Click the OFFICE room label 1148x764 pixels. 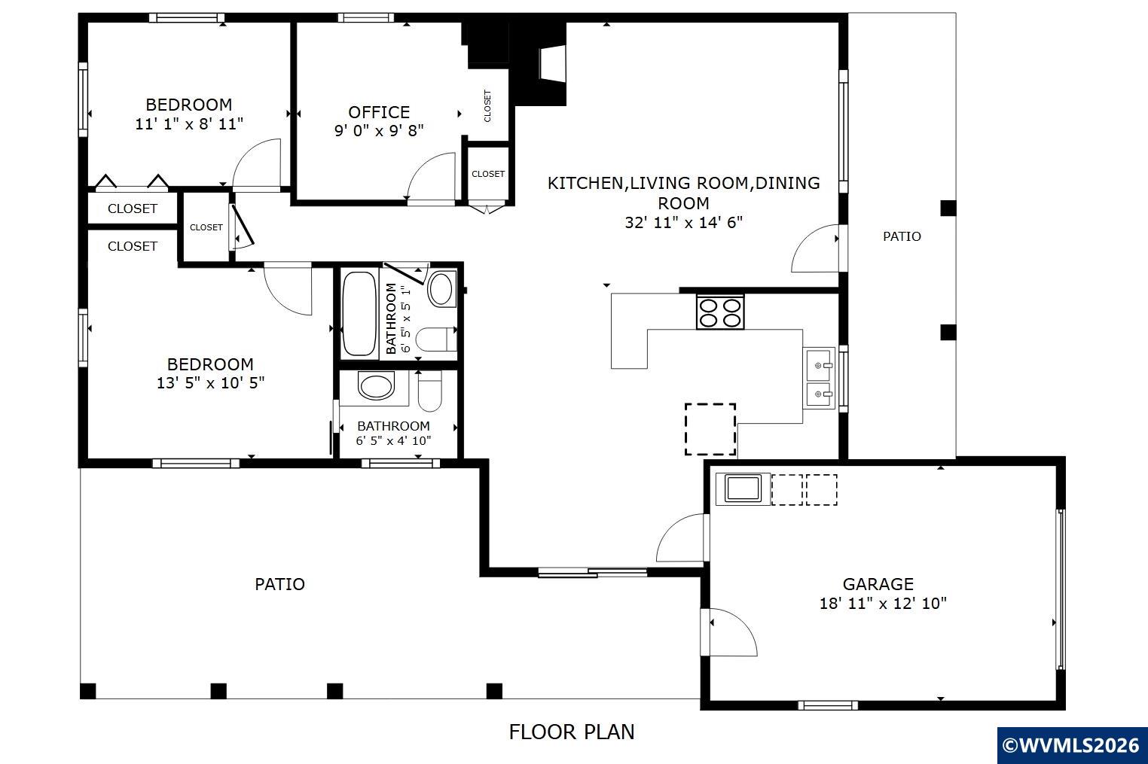tap(379, 112)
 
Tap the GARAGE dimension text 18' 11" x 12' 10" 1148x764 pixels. tap(883, 603)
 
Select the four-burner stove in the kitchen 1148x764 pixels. tap(720, 312)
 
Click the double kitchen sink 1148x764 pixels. tap(820, 379)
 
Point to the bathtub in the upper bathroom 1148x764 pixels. tap(359, 314)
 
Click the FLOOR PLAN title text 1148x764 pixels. tap(572, 732)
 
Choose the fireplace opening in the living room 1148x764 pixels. tap(553, 63)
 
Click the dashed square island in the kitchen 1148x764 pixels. tap(710, 429)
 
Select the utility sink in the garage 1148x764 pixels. tap(743, 489)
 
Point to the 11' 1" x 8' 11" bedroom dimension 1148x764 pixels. tap(189, 124)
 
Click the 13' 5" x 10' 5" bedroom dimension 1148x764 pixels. tap(211, 383)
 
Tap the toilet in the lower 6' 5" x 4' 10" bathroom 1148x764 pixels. tap(430, 391)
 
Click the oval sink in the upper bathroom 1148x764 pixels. tap(441, 289)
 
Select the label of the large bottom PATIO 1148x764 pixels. tap(279, 584)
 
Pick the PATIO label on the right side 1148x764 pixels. tap(902, 236)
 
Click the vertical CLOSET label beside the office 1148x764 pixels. tap(487, 106)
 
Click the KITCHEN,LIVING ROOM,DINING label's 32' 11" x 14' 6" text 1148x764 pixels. tap(684, 223)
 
